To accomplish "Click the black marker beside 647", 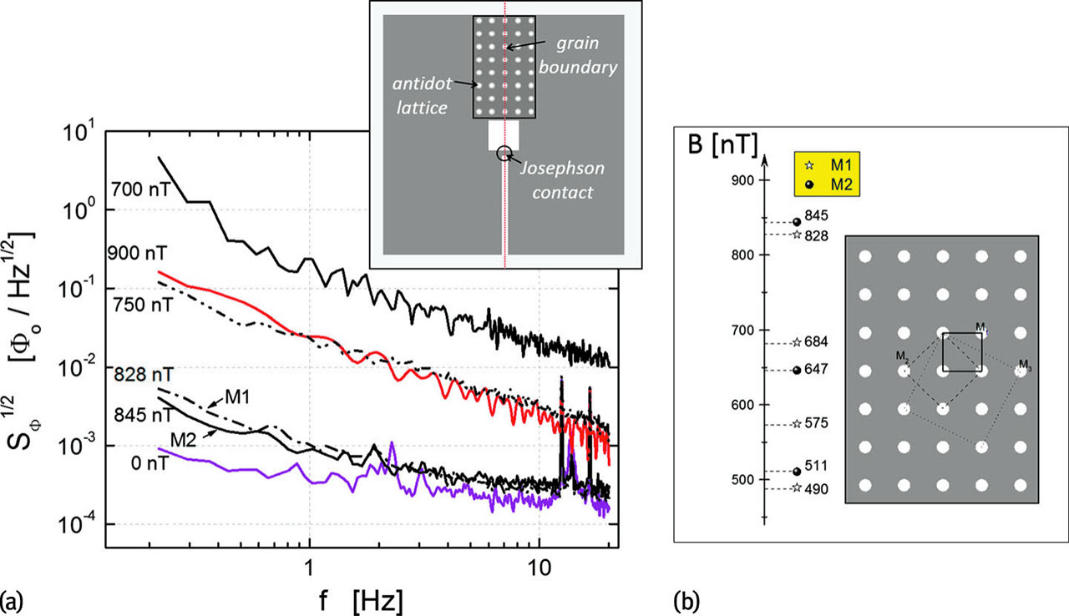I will (x=796, y=370).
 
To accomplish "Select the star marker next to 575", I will (x=796, y=424).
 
